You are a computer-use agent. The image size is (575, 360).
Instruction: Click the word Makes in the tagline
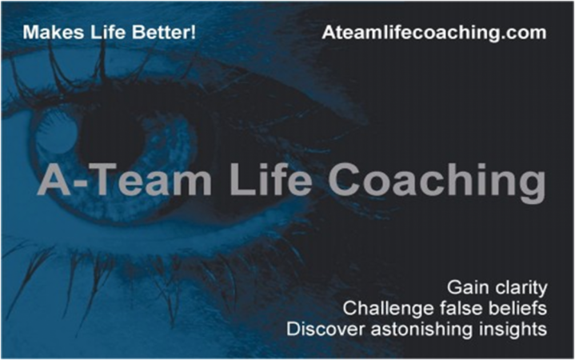click(53, 32)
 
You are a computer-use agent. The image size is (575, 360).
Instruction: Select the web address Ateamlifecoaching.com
click(434, 33)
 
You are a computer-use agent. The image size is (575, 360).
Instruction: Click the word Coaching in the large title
click(437, 182)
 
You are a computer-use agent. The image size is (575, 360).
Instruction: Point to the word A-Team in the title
click(124, 179)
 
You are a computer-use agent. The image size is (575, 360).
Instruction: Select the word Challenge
click(388, 309)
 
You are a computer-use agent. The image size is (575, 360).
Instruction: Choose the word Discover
click(325, 329)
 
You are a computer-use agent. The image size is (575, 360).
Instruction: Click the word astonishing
click(421, 330)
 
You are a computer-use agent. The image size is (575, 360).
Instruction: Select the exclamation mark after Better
click(194, 32)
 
